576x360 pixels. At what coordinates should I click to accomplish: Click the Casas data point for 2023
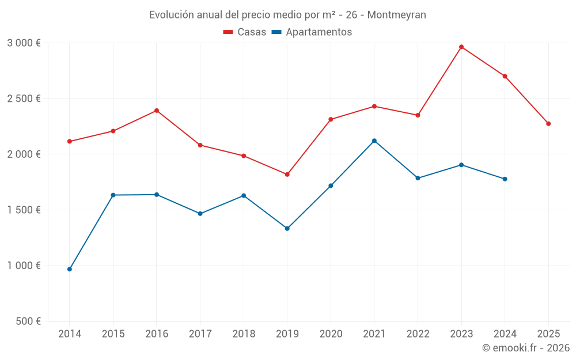(x=461, y=47)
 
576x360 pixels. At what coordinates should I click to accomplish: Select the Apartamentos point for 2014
(x=70, y=269)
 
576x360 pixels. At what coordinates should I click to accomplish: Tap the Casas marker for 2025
(x=548, y=124)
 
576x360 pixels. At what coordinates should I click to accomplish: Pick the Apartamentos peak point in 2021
(x=374, y=141)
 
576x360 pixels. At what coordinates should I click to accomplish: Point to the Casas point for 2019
(x=287, y=175)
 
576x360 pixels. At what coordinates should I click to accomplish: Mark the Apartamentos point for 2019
(x=287, y=229)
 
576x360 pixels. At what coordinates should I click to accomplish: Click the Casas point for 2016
(x=157, y=111)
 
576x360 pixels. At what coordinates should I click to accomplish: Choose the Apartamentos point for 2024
(x=505, y=179)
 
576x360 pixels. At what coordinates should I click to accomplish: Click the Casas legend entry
(x=245, y=32)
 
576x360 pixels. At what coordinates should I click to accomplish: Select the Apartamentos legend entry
(x=312, y=32)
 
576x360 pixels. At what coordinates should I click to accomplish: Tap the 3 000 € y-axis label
(x=24, y=43)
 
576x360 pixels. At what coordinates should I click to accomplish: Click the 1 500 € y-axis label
(x=24, y=210)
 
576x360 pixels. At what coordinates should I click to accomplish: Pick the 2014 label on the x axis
(x=70, y=334)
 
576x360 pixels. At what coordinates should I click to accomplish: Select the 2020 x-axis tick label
(x=331, y=334)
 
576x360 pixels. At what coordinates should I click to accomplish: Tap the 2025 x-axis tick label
(x=548, y=334)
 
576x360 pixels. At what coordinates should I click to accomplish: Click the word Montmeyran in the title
(x=397, y=15)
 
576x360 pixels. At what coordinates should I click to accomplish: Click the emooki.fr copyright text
(x=526, y=348)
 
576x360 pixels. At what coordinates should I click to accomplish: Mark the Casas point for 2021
(x=374, y=106)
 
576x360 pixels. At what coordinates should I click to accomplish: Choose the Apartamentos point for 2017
(x=200, y=214)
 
